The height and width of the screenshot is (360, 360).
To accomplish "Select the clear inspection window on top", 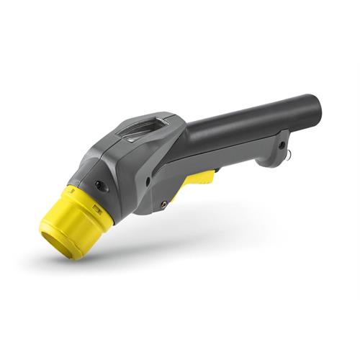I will click(142, 130).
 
